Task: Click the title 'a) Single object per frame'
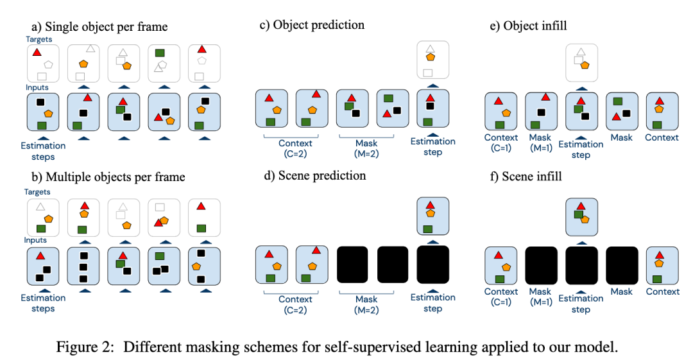99,26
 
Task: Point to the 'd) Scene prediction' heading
314,175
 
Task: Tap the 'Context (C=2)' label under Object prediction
295,148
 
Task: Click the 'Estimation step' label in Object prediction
433,146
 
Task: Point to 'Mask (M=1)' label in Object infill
540,143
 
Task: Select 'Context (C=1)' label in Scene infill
501,297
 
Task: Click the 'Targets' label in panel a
40,39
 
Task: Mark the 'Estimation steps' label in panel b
43,303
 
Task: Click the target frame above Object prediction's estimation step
434,61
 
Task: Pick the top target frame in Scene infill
581,218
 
